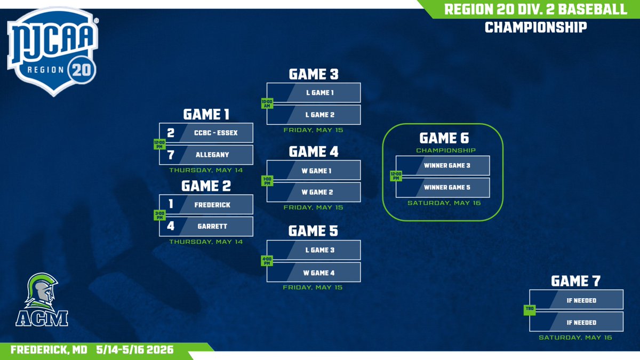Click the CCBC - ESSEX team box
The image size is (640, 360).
click(x=206, y=133)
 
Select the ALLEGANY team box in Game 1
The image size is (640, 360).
click(x=206, y=155)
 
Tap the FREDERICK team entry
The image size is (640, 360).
click(x=206, y=204)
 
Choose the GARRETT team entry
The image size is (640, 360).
click(x=206, y=226)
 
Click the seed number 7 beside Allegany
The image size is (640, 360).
click(x=171, y=155)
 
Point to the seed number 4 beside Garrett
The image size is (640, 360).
click(x=171, y=226)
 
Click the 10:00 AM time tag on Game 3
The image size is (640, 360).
click(x=267, y=103)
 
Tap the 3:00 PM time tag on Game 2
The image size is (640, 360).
click(x=159, y=215)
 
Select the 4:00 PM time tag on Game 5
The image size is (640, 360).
click(x=267, y=261)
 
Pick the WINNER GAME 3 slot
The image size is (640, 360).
click(x=443, y=165)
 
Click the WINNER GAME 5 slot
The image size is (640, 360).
click(x=443, y=188)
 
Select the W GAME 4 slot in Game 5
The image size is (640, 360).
click(x=314, y=273)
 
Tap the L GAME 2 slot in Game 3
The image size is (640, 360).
click(x=314, y=115)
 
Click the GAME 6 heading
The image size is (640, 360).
click(x=444, y=138)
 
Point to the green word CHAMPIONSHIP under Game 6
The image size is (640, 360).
click(x=446, y=150)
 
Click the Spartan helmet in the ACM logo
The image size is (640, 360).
click(x=42, y=291)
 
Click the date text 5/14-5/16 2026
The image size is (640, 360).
click(x=135, y=350)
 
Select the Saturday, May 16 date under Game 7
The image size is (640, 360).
click(x=575, y=338)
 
